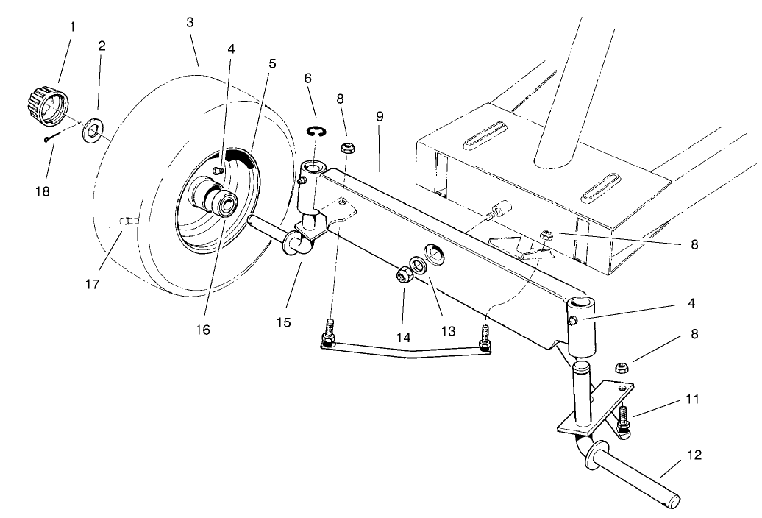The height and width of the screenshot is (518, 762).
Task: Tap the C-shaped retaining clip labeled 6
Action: tap(316, 131)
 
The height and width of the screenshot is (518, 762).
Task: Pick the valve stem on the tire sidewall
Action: tap(127, 220)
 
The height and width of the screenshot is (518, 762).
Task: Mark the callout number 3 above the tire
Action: tap(190, 23)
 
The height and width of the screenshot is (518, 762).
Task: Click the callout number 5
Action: tap(272, 64)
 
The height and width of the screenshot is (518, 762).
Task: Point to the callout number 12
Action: tap(693, 455)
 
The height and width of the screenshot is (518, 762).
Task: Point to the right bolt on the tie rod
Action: tap(485, 339)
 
